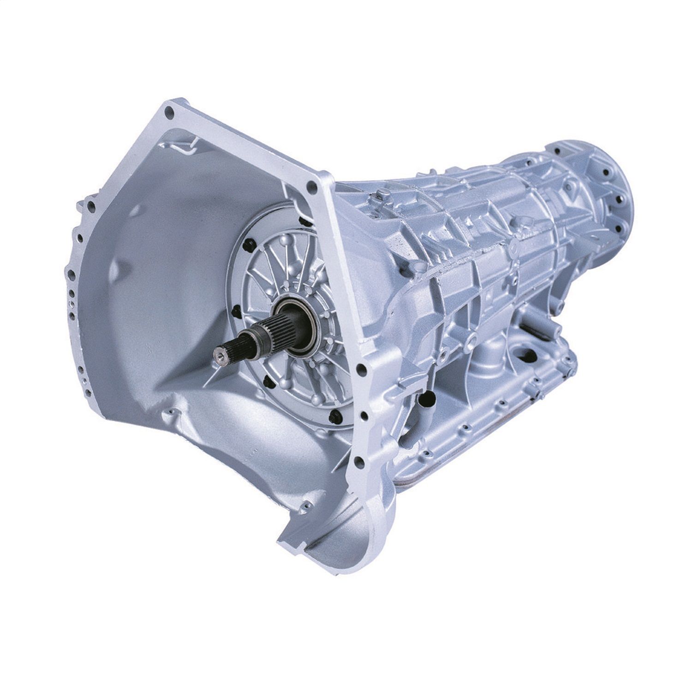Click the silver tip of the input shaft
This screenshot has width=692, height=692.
click(x=217, y=354)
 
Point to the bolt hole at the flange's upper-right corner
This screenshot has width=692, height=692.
click(x=314, y=186)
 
